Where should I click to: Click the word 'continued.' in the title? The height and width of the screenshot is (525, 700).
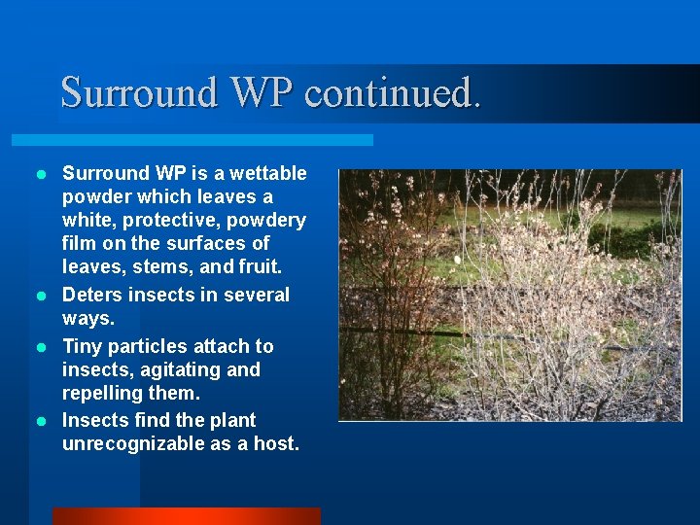click(x=393, y=93)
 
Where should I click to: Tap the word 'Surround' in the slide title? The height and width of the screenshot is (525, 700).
click(x=140, y=93)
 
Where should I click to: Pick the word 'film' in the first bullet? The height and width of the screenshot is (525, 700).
click(x=80, y=244)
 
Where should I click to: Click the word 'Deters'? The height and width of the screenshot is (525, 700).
click(x=92, y=295)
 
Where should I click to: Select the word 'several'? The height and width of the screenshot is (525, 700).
click(x=256, y=295)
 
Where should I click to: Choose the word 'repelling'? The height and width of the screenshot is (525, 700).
click(x=101, y=394)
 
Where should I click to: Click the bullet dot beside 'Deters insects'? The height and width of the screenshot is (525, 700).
click(x=41, y=295)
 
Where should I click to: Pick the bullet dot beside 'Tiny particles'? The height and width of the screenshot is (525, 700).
click(x=41, y=347)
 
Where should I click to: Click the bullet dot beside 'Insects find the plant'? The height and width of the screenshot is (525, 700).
click(x=41, y=421)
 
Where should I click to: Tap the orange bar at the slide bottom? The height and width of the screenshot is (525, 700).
click(x=186, y=516)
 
